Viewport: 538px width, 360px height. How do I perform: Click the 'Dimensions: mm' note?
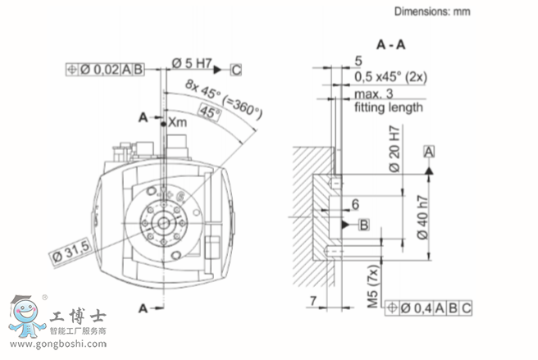click(432, 11)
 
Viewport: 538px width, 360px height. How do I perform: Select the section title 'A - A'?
click(391, 44)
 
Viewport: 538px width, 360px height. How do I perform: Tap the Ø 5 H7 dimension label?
click(191, 63)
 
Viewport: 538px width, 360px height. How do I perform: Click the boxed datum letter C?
click(236, 70)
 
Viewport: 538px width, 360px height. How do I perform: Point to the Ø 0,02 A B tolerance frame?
click(105, 70)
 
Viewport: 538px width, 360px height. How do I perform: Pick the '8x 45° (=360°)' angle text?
click(224, 99)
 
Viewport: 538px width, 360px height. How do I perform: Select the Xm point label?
click(178, 122)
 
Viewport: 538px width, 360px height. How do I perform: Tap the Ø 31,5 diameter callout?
click(71, 252)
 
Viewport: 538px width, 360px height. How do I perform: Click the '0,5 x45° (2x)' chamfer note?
click(390, 77)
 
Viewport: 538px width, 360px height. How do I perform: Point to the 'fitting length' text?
click(389, 107)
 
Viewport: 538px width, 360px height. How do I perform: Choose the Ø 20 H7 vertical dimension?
click(394, 148)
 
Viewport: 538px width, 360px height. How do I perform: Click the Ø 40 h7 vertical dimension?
click(423, 217)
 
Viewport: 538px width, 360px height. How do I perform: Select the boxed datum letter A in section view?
click(429, 152)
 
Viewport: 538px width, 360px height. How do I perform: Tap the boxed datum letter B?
click(363, 226)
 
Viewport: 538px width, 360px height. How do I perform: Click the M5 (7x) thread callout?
click(373, 287)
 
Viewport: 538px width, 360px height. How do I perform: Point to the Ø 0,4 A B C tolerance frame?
click(428, 308)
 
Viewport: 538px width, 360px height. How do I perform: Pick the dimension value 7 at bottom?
click(313, 301)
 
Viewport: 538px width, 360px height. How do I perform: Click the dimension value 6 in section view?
click(355, 204)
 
